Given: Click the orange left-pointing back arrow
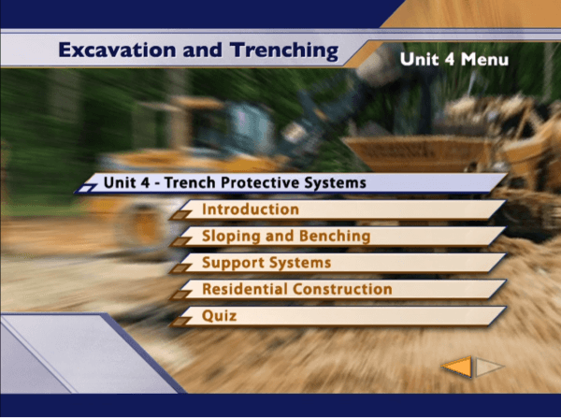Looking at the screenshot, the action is (457, 367).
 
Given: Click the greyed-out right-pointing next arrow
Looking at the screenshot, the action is (489, 367).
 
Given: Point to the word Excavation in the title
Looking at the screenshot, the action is (117, 50).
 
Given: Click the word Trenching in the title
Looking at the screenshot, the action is (284, 50).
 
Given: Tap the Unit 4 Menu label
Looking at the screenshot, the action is (454, 60).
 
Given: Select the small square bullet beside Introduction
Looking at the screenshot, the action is (180, 215).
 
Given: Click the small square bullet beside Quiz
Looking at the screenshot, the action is (180, 322).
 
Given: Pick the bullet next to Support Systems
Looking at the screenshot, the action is (180, 268).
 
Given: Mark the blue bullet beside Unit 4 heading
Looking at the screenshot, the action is (86, 188).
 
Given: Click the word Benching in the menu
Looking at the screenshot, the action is (335, 237).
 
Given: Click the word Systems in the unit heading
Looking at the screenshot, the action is (336, 183).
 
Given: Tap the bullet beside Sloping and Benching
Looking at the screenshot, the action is (180, 241).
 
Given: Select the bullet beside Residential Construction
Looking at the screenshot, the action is (180, 295).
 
